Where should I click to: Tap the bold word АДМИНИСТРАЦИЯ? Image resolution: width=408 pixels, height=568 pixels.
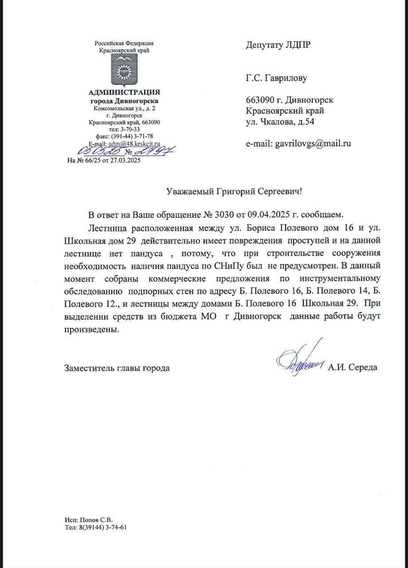pyautogui.click(x=125, y=92)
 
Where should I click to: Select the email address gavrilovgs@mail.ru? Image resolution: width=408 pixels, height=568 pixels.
pyautogui.click(x=313, y=144)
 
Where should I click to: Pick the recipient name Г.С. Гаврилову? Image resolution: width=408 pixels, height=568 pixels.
pyautogui.click(x=276, y=79)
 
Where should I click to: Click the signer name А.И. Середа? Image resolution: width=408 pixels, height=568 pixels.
pyautogui.click(x=353, y=367)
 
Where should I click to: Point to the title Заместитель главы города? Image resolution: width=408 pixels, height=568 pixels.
pyautogui.click(x=117, y=368)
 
